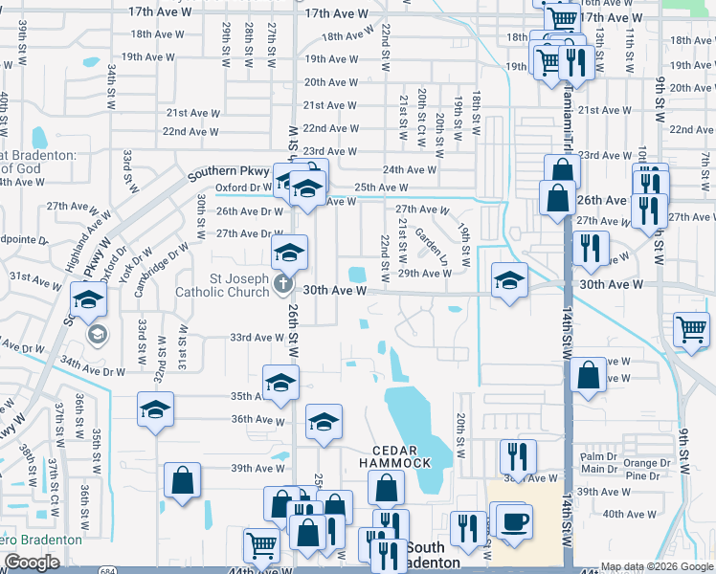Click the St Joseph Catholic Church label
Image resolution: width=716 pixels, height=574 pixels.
(x=226, y=284)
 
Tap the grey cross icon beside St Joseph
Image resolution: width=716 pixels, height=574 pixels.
(x=281, y=283)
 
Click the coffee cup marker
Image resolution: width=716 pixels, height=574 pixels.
(x=514, y=522)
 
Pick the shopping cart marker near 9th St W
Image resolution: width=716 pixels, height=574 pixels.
(x=691, y=331)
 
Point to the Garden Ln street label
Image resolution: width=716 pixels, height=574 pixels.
(x=431, y=247)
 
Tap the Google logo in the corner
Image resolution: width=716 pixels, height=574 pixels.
(x=32, y=562)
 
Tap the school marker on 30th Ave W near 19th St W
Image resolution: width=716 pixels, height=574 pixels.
(x=509, y=281)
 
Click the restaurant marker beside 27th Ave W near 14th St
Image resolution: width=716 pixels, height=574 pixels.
(x=591, y=248)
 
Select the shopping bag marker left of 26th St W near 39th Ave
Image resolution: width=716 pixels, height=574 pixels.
(x=182, y=480)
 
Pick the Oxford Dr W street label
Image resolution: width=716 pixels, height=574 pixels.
(x=243, y=188)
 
